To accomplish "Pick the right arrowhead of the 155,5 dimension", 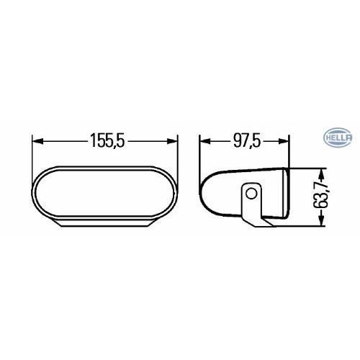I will tap(178, 142).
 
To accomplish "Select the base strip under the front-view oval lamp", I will tap(108, 224).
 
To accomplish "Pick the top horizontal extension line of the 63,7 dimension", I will tap(306, 169).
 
